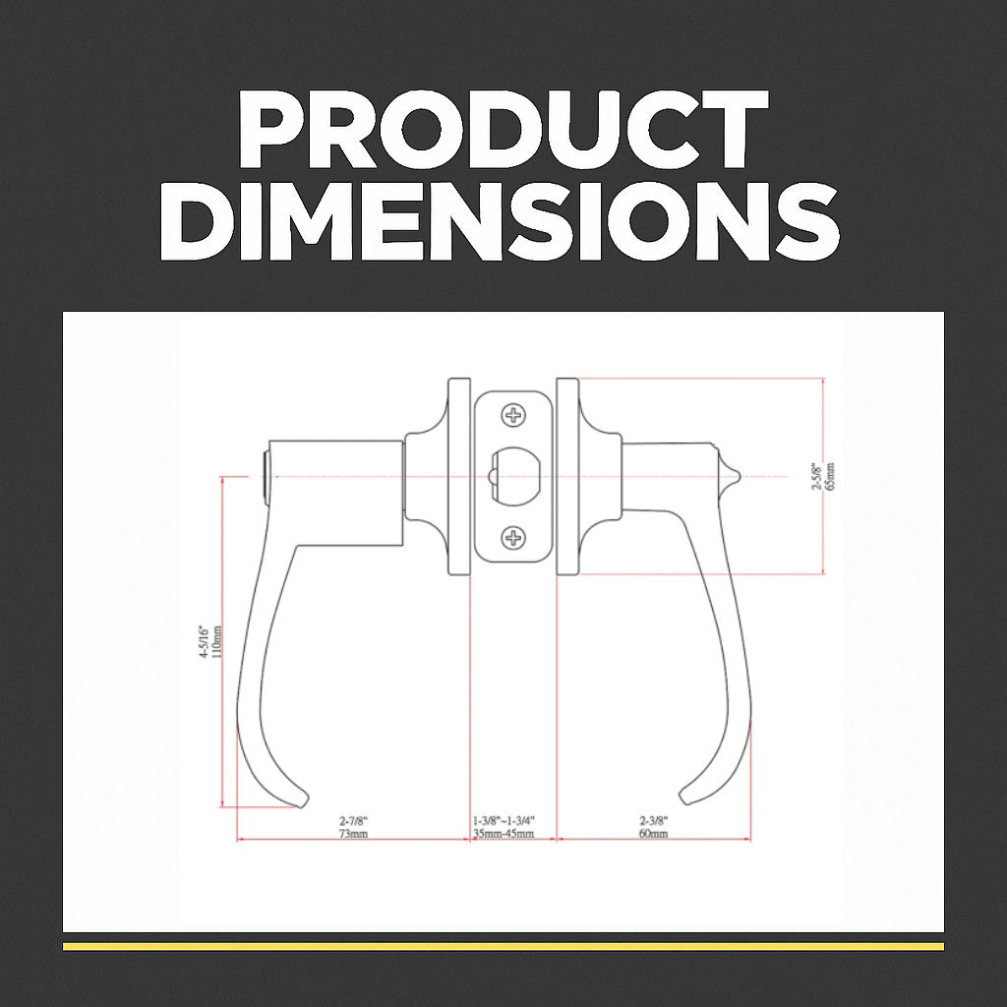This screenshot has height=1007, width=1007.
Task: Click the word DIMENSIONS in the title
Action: [503, 223]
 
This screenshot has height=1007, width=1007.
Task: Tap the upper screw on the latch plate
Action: [513, 415]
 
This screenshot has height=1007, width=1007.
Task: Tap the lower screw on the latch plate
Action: [513, 537]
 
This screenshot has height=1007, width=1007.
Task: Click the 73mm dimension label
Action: [353, 834]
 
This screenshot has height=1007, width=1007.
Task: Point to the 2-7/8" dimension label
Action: [353, 820]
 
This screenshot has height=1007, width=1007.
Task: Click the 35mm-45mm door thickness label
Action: [503, 834]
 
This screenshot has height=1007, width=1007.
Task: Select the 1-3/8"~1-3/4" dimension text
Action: [503, 820]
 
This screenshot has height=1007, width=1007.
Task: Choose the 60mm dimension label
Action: [653, 834]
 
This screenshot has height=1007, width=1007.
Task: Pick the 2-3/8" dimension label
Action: [653, 820]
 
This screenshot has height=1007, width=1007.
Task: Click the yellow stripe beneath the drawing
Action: [503, 946]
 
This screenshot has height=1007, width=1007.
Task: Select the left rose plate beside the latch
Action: [458, 476]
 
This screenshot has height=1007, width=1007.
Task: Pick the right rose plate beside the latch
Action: [567, 476]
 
